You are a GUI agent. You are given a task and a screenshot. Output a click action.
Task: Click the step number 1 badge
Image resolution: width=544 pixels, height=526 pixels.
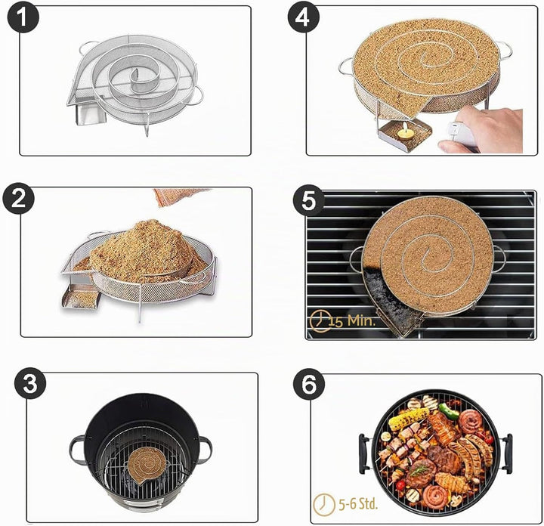23,17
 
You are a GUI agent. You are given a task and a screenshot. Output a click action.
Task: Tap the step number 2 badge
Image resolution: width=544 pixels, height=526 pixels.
19,200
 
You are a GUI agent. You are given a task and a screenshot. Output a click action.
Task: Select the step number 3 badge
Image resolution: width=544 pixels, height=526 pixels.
30,383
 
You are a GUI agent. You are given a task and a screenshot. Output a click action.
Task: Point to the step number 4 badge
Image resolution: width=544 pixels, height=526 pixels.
303,17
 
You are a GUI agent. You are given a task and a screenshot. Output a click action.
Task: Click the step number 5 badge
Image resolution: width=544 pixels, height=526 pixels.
309,200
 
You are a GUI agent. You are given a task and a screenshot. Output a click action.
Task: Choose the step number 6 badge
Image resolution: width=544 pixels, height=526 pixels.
309,384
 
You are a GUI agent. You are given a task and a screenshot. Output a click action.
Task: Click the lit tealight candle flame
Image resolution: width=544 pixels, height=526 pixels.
403,128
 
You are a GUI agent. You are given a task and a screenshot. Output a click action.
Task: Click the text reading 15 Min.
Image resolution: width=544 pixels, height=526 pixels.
351,320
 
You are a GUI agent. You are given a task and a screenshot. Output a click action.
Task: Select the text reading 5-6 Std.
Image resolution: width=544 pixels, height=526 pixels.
357,504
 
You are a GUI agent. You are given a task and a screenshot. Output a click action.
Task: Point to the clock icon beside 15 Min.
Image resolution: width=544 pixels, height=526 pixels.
320,320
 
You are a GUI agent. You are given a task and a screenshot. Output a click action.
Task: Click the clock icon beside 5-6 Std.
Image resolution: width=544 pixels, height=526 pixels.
324,504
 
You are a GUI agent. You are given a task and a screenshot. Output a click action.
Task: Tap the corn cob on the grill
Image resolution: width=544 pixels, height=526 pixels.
409,418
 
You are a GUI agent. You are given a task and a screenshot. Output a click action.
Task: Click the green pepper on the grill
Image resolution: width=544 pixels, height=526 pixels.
449,411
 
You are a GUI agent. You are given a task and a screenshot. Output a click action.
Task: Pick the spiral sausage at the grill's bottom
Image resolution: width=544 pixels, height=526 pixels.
434,497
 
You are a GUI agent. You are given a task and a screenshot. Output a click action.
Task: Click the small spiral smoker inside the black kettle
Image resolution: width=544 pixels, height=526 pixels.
146,465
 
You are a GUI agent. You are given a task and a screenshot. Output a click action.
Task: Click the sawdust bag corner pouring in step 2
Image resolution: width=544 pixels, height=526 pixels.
181,196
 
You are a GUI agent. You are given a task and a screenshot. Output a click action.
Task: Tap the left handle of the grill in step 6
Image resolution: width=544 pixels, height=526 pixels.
364,453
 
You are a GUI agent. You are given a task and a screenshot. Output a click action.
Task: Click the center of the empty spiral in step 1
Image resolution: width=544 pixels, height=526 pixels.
134,76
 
